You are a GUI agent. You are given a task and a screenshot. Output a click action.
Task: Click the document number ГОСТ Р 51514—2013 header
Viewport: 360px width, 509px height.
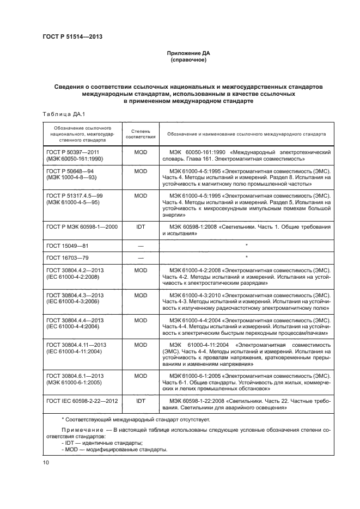[x=72, y=36]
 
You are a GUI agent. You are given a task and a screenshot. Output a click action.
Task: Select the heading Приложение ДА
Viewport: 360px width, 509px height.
[x=188, y=53]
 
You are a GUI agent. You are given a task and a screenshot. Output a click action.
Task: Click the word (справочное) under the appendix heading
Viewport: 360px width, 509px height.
[x=188, y=60]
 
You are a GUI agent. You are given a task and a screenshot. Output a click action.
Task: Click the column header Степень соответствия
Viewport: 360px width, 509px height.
[x=141, y=134]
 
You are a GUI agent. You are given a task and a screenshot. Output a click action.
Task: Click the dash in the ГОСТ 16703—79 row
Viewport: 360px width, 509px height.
[x=141, y=257]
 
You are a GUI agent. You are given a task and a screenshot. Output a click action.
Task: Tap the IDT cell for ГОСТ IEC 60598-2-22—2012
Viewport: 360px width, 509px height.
[x=141, y=400]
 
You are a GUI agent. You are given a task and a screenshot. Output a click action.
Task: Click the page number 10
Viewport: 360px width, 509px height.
[x=46, y=463]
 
